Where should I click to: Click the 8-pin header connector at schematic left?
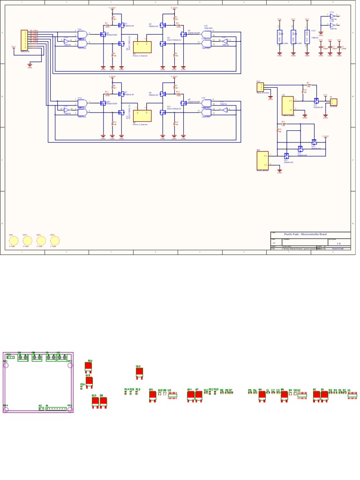[x=24, y=37]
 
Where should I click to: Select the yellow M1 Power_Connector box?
[x=142, y=46]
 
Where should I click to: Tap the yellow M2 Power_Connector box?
[x=142, y=115]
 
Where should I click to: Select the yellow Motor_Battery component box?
[x=262, y=160]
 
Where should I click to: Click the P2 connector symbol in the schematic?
[x=334, y=102]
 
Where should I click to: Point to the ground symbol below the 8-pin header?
[x=30, y=65]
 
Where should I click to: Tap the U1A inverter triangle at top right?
[x=332, y=15]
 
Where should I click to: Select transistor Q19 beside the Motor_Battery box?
[x=286, y=155]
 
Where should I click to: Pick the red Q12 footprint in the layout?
[x=139, y=372]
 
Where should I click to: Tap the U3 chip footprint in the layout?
[x=173, y=395]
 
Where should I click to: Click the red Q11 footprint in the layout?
[x=152, y=395]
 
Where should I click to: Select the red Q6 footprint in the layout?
[x=262, y=395]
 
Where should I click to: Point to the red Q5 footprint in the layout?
[x=285, y=395]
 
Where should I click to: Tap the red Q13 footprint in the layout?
[x=95, y=401]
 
